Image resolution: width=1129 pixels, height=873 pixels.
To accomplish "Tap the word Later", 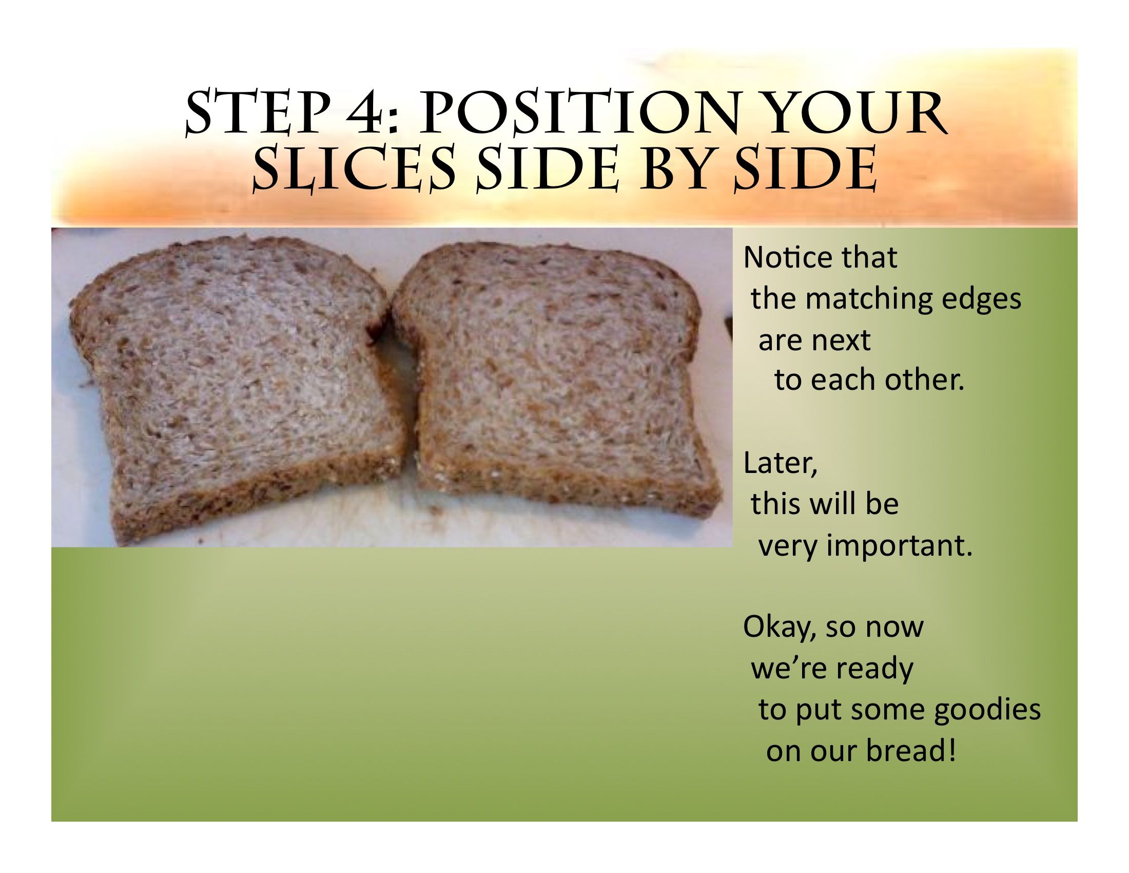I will (x=780, y=463).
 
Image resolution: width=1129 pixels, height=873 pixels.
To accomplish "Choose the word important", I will (x=900, y=545).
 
